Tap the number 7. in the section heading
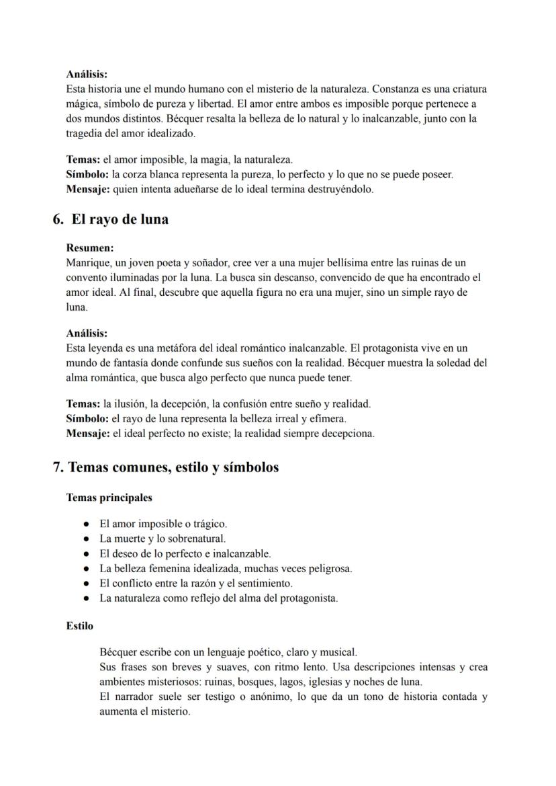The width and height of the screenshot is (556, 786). point(58,467)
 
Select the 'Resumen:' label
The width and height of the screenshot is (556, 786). point(90,248)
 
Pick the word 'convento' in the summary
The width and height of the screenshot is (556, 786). point(87,277)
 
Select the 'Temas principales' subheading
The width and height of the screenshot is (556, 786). point(109,498)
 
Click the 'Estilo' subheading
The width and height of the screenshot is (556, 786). point(79,626)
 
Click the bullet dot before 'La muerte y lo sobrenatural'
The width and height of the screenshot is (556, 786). point(87,539)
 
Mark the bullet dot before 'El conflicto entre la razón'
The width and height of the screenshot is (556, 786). point(87,584)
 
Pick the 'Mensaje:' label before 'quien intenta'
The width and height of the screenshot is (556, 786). point(88,190)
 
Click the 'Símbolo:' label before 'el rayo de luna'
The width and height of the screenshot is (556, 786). point(88,419)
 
